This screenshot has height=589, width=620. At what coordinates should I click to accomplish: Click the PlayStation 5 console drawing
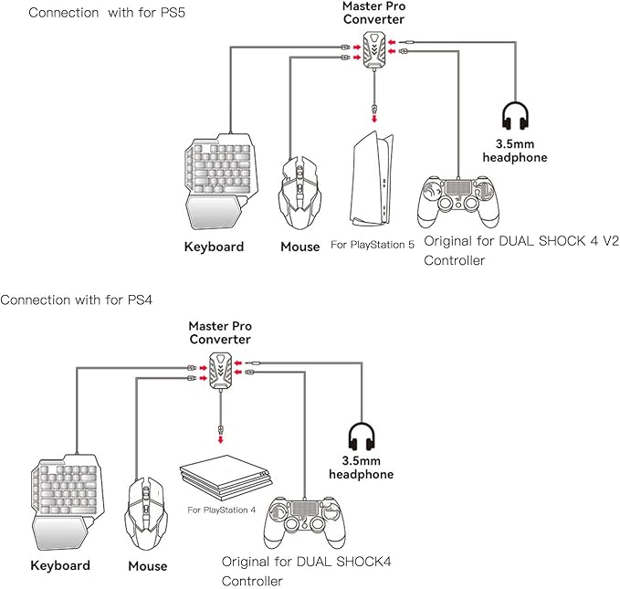[x=372, y=179]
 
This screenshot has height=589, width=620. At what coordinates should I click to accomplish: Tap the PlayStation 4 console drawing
[x=225, y=478]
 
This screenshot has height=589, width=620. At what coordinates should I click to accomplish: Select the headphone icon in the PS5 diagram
[x=515, y=116]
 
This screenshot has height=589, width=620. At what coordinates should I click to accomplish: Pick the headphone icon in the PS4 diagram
[x=362, y=436]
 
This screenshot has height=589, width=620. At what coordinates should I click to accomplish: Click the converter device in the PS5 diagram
[x=374, y=50]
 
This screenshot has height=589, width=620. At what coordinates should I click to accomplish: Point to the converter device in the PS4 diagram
[x=221, y=370]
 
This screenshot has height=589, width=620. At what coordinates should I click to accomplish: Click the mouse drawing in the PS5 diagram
[x=299, y=193]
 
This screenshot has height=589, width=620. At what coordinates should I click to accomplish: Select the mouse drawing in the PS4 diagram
[x=146, y=513]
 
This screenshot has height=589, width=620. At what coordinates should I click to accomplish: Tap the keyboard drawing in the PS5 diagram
[x=221, y=181]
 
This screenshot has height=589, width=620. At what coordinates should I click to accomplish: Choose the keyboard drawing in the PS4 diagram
[x=68, y=502]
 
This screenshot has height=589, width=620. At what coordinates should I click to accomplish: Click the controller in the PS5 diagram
[x=458, y=202]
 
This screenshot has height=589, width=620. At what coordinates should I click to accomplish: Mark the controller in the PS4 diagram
[x=304, y=522]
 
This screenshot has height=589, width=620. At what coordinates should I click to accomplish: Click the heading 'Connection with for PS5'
[x=107, y=13]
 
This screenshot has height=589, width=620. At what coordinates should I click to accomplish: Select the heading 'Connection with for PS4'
[x=77, y=300]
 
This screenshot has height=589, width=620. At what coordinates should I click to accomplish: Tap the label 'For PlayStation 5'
[x=373, y=245]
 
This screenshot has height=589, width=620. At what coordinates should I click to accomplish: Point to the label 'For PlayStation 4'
[x=221, y=510]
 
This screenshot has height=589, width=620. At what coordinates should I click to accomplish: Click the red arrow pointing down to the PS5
[x=374, y=119]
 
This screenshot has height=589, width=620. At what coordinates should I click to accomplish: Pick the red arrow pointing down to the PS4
[x=221, y=439]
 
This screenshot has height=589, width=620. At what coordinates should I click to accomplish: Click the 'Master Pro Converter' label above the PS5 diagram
[x=374, y=13]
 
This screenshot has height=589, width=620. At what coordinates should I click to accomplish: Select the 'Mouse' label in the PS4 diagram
[x=148, y=566]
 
